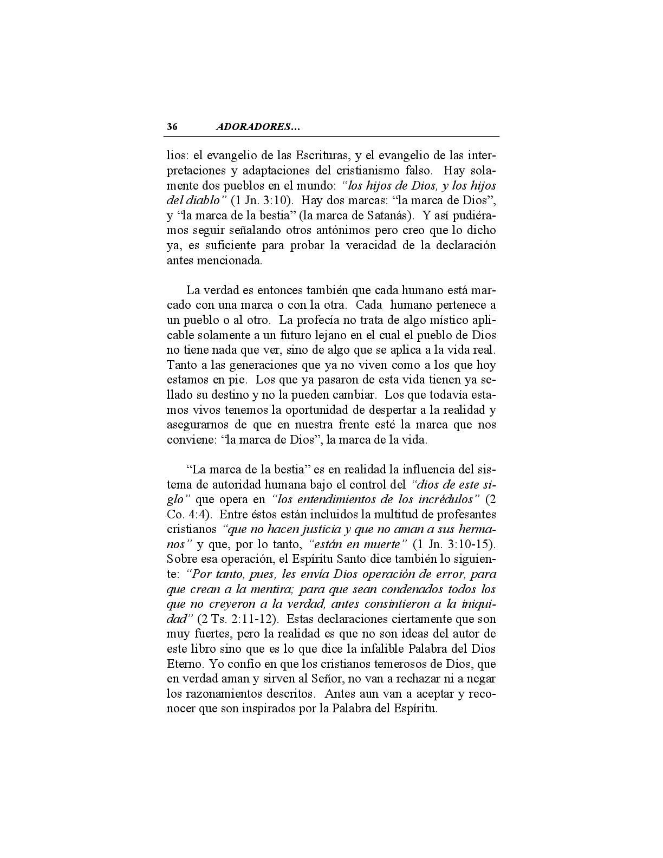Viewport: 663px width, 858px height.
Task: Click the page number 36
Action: (x=172, y=127)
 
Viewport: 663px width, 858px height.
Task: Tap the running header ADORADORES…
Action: (x=258, y=127)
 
